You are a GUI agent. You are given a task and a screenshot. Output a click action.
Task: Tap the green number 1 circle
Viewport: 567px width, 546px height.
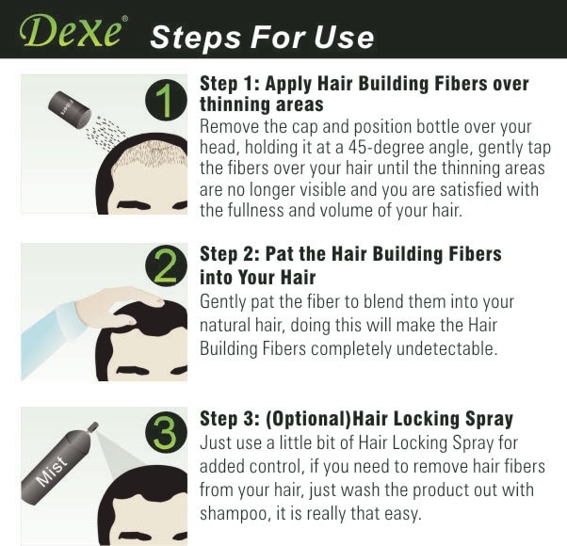166,100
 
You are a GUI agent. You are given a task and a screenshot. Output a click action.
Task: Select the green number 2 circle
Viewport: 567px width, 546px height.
166,266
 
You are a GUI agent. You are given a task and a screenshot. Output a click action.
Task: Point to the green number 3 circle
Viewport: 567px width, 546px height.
166,432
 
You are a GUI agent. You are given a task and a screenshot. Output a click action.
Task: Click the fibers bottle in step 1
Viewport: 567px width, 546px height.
70,109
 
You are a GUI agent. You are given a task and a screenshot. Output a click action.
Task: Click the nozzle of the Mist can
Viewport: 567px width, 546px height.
92,426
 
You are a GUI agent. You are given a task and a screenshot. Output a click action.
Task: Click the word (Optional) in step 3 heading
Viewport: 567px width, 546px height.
308,419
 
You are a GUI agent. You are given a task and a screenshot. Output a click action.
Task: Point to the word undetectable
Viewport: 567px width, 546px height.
447,348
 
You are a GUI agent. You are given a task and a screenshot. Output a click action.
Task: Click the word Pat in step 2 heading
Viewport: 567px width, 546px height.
277,254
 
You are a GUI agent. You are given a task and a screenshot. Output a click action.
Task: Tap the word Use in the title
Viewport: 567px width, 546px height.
344,38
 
